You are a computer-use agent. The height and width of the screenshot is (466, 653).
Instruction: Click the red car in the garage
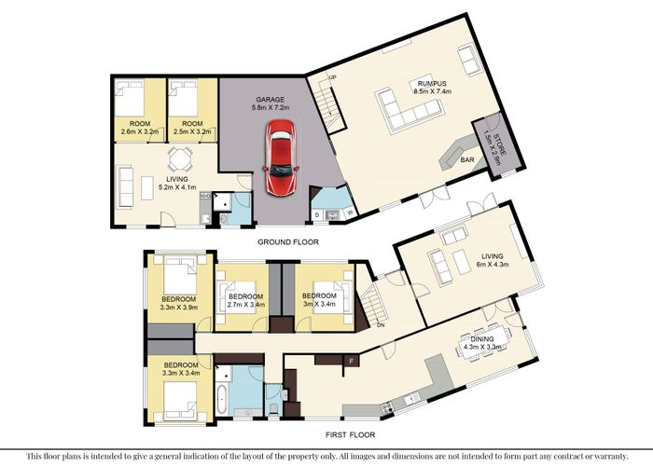[x=281, y=158]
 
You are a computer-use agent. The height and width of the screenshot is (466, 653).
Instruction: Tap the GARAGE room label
[x=271, y=100]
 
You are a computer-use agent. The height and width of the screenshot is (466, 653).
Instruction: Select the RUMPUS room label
[x=432, y=84]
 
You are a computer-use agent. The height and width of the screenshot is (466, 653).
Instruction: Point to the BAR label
[x=466, y=159]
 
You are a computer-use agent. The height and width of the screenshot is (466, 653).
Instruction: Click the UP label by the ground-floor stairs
[x=332, y=77]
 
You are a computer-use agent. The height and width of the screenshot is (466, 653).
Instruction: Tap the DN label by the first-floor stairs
[x=381, y=325]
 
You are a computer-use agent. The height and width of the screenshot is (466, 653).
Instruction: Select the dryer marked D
[x=317, y=215]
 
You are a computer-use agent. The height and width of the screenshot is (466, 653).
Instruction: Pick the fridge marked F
[x=351, y=361]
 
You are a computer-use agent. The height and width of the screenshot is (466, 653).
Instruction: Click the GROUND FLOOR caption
[x=288, y=242]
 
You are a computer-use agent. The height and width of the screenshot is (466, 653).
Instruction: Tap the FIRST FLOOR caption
[x=350, y=435]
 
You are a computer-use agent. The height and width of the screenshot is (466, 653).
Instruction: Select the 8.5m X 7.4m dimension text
[x=432, y=91]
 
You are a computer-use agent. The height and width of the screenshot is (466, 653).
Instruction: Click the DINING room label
[x=483, y=339]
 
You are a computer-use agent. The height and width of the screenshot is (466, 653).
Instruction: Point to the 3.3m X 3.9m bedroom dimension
[x=179, y=308]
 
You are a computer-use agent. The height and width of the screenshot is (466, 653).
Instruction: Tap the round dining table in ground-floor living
[x=180, y=158]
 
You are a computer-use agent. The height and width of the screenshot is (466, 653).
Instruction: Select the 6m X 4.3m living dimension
[x=493, y=264]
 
